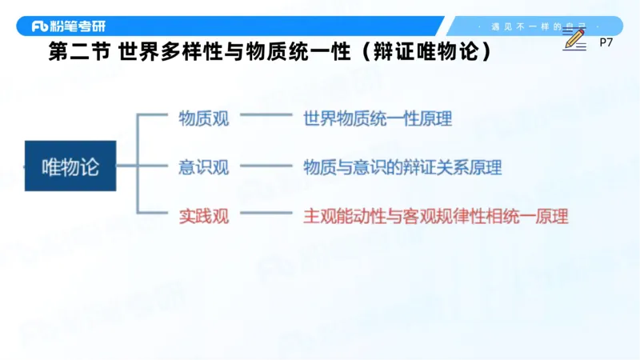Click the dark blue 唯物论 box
tap(70, 166)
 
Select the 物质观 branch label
tap(203, 119)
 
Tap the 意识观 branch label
tap(203, 167)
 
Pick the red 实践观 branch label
tap(203, 215)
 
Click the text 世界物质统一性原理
tap(378, 119)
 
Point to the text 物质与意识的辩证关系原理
tap(402, 167)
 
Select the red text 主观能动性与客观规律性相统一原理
tap(435, 215)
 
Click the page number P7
tap(606, 43)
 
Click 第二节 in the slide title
tap(78, 52)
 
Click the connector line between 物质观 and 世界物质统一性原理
tap(266, 119)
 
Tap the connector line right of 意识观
tap(266, 167)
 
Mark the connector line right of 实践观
tap(266, 215)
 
